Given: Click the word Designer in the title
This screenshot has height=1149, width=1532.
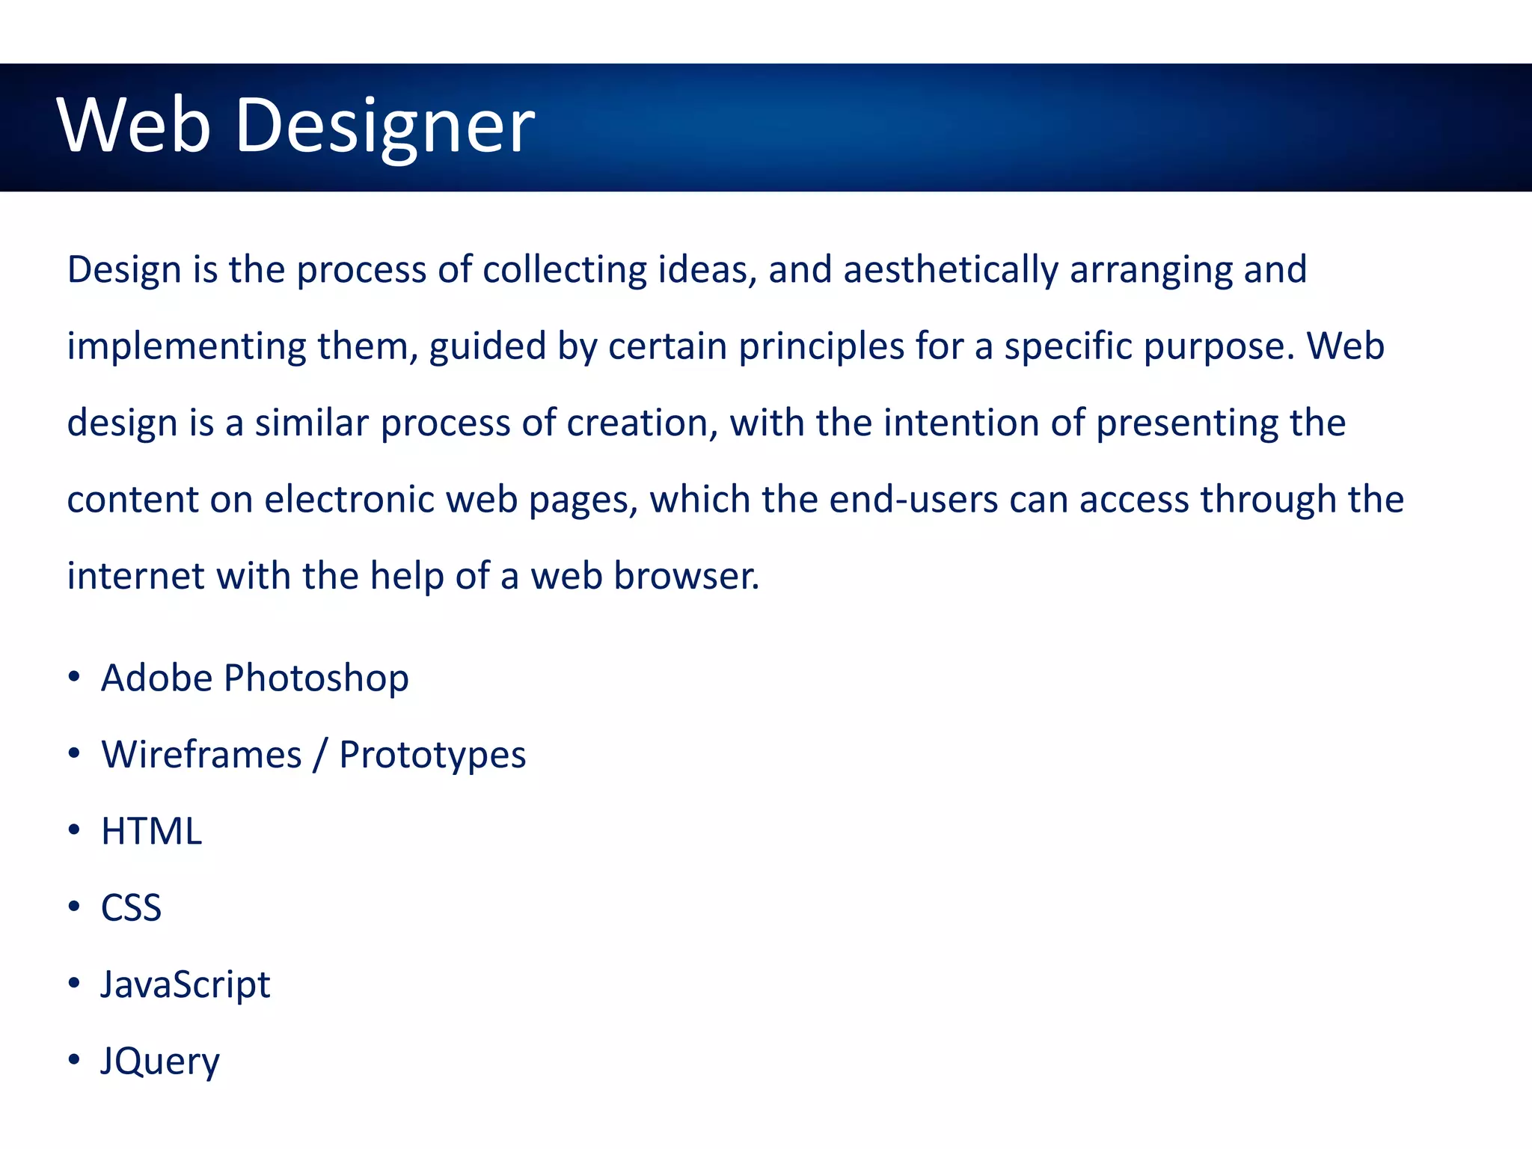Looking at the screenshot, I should click(384, 126).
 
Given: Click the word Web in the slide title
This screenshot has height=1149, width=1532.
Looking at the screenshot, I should click(133, 126).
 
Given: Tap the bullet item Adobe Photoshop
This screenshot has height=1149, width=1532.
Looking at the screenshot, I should click(254, 678).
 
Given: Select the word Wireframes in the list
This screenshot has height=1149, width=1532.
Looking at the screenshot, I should click(201, 754).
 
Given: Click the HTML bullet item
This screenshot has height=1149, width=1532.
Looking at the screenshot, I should click(151, 831).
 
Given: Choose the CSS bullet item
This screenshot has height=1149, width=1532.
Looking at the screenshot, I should click(131, 907).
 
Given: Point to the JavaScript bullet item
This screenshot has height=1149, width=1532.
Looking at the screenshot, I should click(185, 984).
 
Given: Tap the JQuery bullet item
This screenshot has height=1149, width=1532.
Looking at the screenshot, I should click(160, 1061).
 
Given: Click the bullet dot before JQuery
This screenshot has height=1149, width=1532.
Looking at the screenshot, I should click(73, 1060).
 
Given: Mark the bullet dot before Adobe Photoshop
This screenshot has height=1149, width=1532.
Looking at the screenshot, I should click(73, 677).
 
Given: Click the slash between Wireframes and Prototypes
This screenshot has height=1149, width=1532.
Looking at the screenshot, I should click(320, 754).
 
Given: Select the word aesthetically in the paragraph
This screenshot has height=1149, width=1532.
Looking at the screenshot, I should click(951, 270).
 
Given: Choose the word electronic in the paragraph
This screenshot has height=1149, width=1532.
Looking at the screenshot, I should click(349, 500).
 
